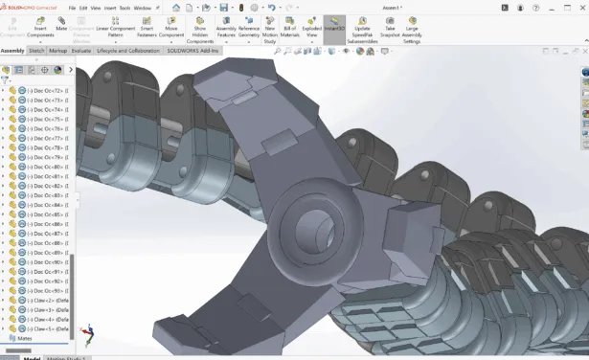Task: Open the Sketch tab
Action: pos(36,51)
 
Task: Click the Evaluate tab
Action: pos(81,51)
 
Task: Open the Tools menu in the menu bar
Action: pos(125,8)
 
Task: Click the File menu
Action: pos(72,8)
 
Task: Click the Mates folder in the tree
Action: pos(24,338)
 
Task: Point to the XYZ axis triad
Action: pos(88,330)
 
